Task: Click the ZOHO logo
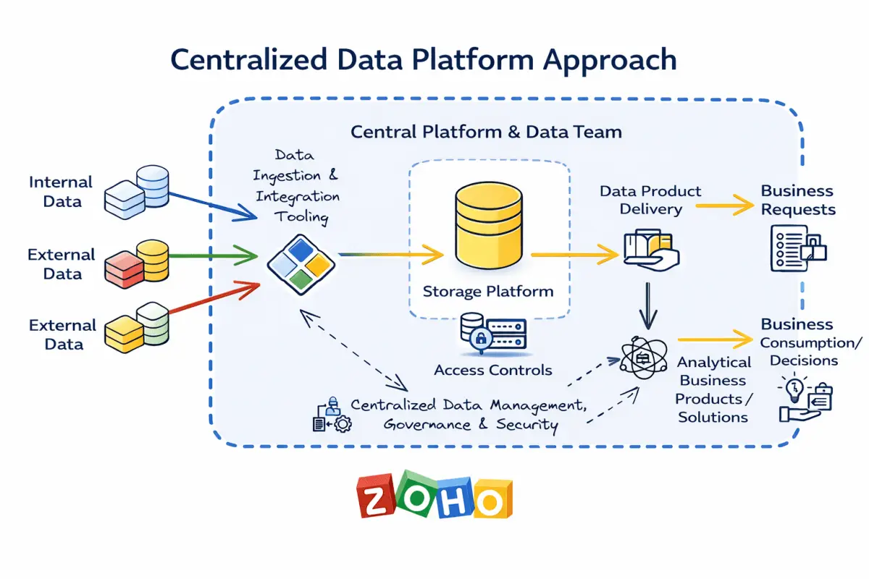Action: [x=434, y=496]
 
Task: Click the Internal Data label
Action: [x=62, y=192]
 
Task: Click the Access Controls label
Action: [x=492, y=370]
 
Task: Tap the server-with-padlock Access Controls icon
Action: [x=493, y=334]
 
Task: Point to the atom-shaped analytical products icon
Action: [x=643, y=358]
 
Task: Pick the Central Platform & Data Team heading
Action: [x=486, y=132]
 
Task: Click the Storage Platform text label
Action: [x=488, y=292]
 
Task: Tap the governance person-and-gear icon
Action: [x=332, y=415]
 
